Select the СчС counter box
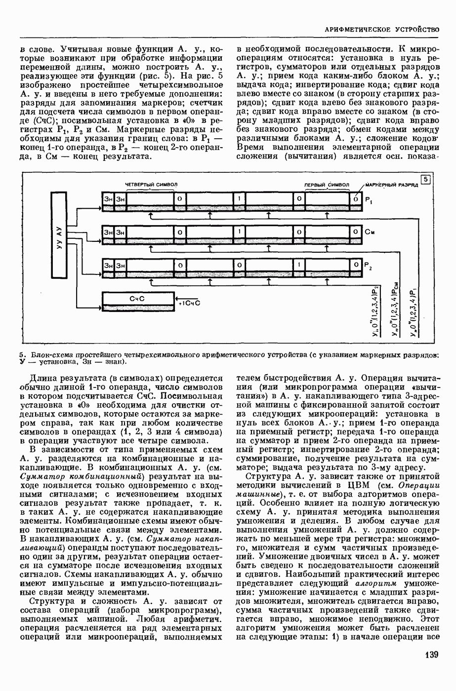pyautogui.click(x=137, y=299)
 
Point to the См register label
pyautogui.click(x=370, y=231)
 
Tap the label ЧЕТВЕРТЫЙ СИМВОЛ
pyautogui.click(x=151, y=184)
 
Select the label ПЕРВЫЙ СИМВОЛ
pyautogui.click(x=326, y=185)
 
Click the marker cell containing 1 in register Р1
pyautogui.click(x=239, y=198)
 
